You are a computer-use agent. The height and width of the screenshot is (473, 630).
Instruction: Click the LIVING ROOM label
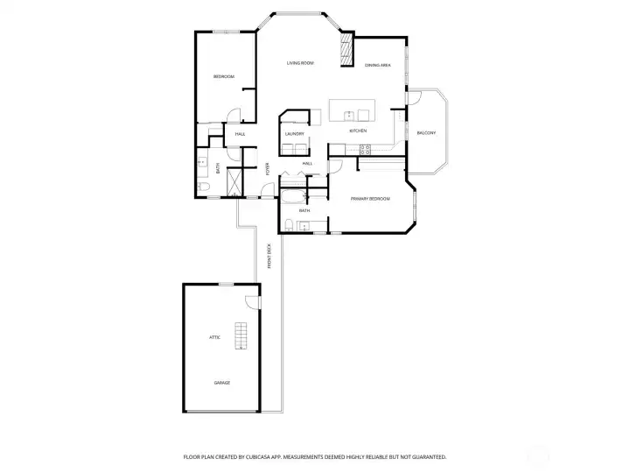click(301, 64)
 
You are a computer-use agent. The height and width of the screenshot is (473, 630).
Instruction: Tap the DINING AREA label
click(377, 66)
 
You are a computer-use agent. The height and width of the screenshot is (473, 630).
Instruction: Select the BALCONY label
click(425, 132)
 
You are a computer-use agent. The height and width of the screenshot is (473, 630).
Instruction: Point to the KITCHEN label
click(358, 131)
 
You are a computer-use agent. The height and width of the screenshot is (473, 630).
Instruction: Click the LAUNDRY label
click(294, 134)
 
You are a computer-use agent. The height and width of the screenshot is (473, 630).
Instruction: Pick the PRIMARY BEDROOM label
click(370, 199)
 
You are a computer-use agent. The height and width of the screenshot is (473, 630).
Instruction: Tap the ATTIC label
click(213, 337)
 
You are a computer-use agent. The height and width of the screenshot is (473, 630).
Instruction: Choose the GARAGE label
click(222, 383)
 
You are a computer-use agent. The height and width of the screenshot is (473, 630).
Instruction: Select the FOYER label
click(268, 170)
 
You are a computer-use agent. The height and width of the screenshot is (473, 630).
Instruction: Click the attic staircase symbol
click(241, 336)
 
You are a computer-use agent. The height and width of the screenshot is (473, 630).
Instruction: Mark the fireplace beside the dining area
click(346, 49)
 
